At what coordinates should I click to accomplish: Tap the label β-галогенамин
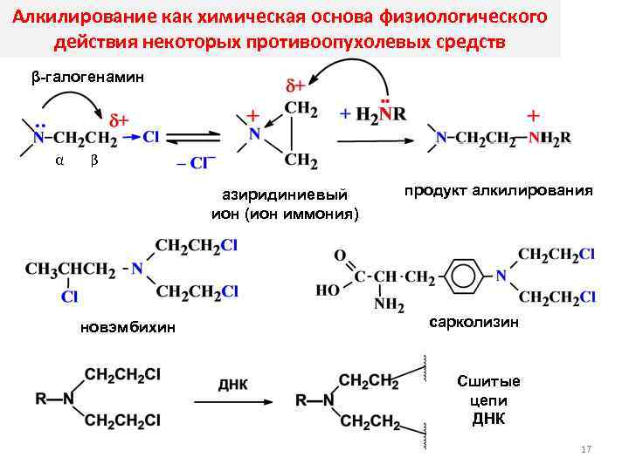86,78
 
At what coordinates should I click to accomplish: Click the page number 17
586,449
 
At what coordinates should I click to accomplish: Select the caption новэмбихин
128,327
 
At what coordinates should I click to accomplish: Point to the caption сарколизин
474,323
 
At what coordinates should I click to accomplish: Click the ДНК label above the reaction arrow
232,384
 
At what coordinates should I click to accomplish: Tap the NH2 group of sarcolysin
390,305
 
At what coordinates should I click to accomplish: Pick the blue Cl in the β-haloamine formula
150,136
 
